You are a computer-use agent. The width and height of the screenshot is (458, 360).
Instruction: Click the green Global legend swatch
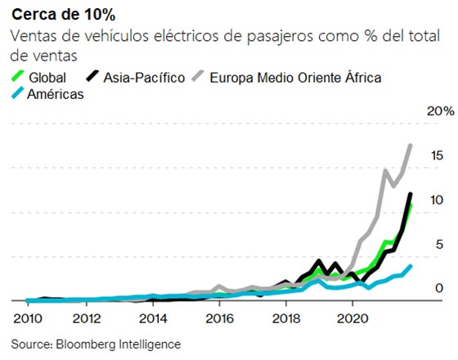(x=17, y=78)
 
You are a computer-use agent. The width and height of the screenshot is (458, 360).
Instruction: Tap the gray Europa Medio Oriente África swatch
(x=199, y=78)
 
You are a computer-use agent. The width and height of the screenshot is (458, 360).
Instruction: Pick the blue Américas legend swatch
(x=17, y=94)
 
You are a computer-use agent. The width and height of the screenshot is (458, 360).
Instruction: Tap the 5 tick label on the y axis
(x=439, y=244)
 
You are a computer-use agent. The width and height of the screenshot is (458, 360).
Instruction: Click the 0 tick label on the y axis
(x=439, y=288)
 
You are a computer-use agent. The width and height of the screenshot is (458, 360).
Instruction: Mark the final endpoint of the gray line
(x=411, y=146)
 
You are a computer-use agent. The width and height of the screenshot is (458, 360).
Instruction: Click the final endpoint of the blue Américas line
(x=411, y=266)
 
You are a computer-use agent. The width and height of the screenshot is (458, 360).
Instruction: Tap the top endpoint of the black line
(x=411, y=194)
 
